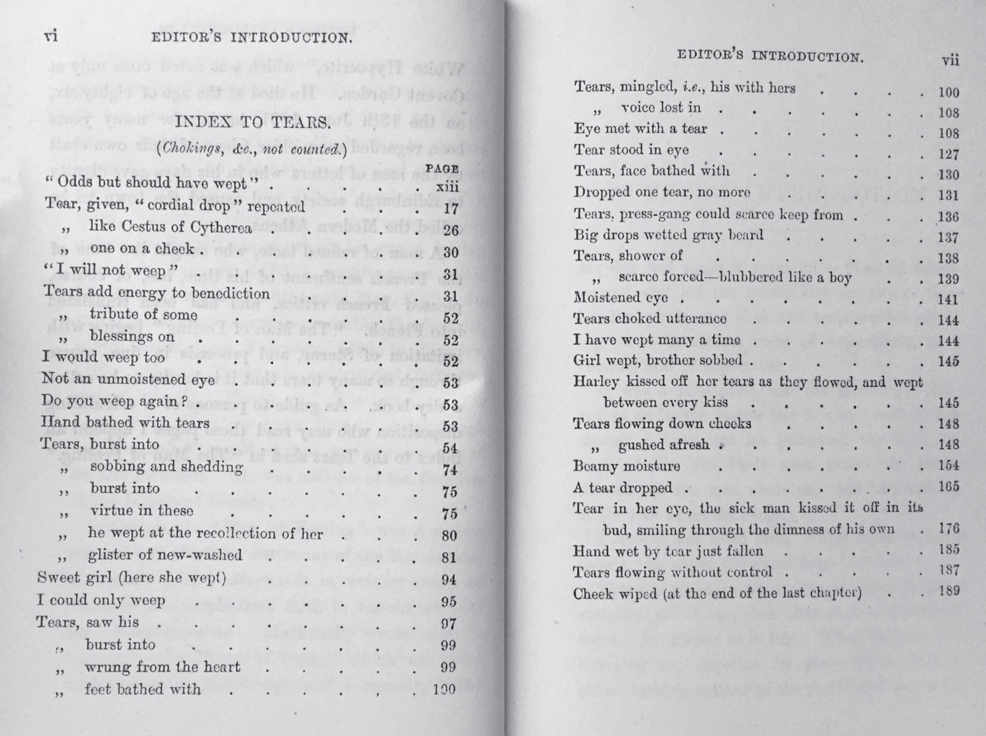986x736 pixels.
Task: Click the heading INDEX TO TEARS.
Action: [253, 123]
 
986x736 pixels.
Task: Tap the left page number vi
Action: [51, 36]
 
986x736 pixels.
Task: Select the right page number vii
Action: [950, 60]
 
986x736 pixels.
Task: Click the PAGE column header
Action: [442, 169]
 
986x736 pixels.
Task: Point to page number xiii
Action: [447, 187]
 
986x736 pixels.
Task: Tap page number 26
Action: [450, 230]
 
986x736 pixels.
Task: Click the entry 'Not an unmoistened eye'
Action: [128, 379]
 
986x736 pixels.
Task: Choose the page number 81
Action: [449, 558]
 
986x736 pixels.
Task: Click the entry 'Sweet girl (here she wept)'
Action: [131, 577]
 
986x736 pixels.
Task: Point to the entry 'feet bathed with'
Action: [142, 689]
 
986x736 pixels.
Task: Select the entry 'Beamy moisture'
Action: [626, 466]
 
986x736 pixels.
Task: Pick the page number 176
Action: [948, 528]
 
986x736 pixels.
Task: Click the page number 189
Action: [948, 590]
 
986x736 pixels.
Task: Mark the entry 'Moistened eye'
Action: [620, 297]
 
